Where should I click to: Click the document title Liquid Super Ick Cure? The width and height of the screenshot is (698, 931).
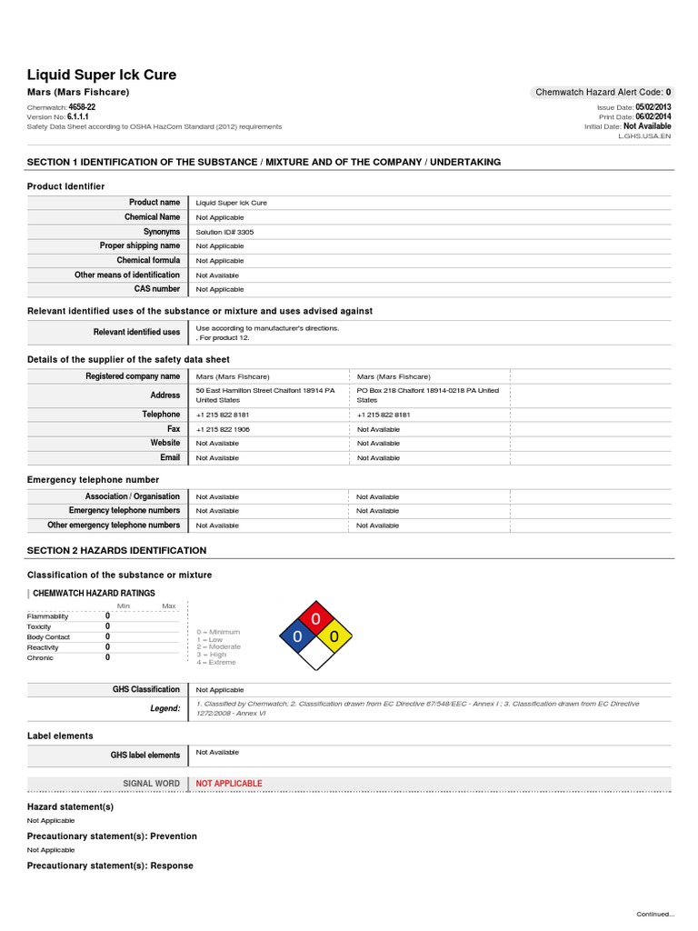102,75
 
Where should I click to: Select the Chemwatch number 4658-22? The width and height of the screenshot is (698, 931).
82,107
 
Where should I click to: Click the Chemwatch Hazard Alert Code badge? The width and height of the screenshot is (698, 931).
603,92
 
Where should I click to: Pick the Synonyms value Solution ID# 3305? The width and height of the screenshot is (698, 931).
225,232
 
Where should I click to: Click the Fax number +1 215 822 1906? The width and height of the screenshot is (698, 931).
223,429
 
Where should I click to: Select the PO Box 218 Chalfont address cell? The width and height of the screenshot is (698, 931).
428,395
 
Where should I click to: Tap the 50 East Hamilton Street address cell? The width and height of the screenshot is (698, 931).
265,395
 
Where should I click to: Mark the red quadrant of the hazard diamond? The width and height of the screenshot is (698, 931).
315,619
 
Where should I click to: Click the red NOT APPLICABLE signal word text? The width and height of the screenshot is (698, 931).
229,784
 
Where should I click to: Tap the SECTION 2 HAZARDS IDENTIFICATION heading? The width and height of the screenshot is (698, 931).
116,551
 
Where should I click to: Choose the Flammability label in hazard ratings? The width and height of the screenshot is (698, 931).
47,616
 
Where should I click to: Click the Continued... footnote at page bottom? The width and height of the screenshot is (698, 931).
655,914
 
